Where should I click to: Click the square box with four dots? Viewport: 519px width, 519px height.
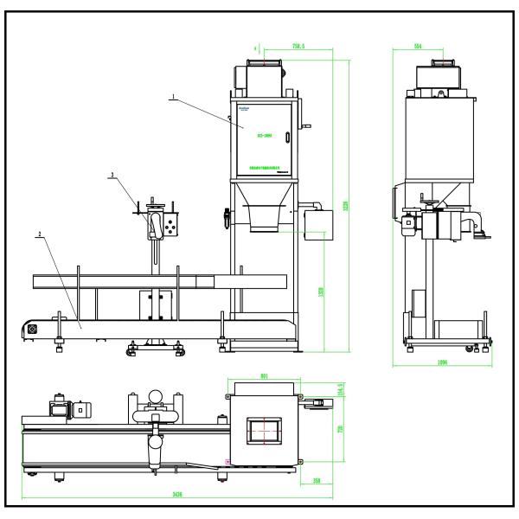click(x=174, y=226)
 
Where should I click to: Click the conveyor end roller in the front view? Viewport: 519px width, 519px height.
click(x=33, y=328)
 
